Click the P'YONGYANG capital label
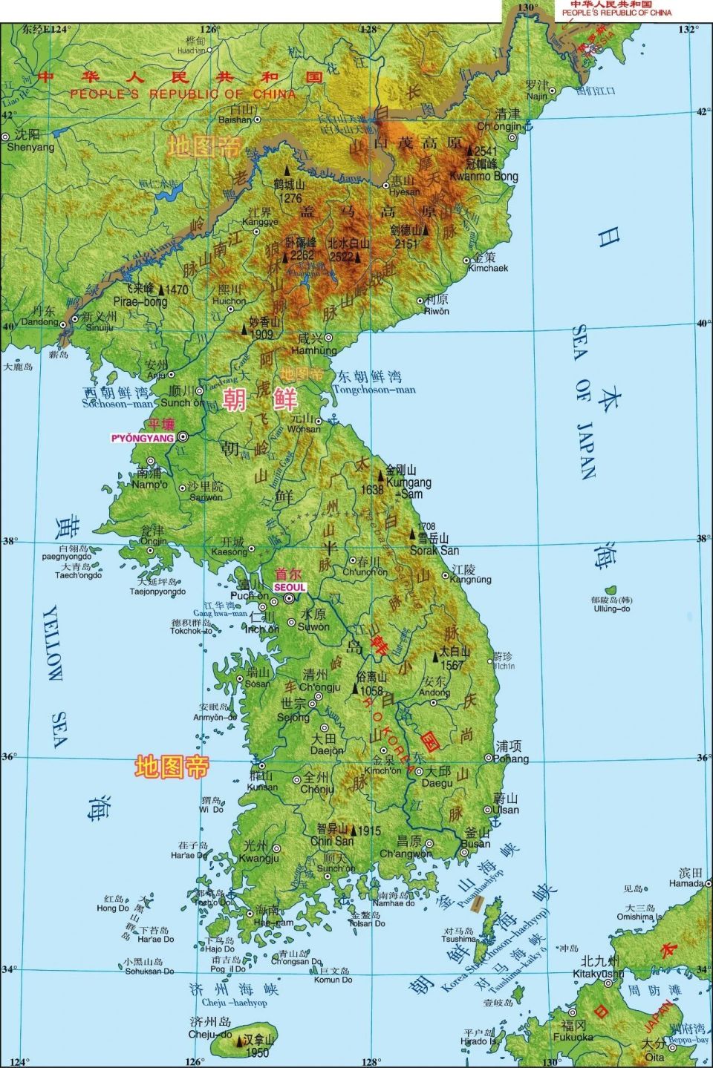pyautogui.click(x=143, y=438)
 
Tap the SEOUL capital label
pyautogui.click(x=290, y=586)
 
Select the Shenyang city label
pyautogui.click(x=30, y=147)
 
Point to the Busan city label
pyautogui.click(x=475, y=843)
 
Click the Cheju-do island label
pyautogui.click(x=210, y=1034)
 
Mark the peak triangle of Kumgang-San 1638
pyautogui.click(x=381, y=472)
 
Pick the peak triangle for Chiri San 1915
pyautogui.click(x=354, y=831)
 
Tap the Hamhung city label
pyautogui.click(x=314, y=350)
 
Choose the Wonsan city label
pyautogui.click(x=304, y=429)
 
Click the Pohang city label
pyautogui.click(x=512, y=759)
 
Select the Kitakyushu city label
pyautogui.click(x=598, y=973)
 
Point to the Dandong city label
pyautogui.click(x=39, y=322)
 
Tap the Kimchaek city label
pyautogui.click(x=488, y=268)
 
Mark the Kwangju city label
pyautogui.click(x=258, y=858)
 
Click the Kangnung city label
pyautogui.click(x=470, y=580)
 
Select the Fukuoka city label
pyautogui.click(x=573, y=1037)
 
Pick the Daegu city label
pyautogui.click(x=437, y=783)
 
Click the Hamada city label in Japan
pyautogui.click(x=686, y=883)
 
